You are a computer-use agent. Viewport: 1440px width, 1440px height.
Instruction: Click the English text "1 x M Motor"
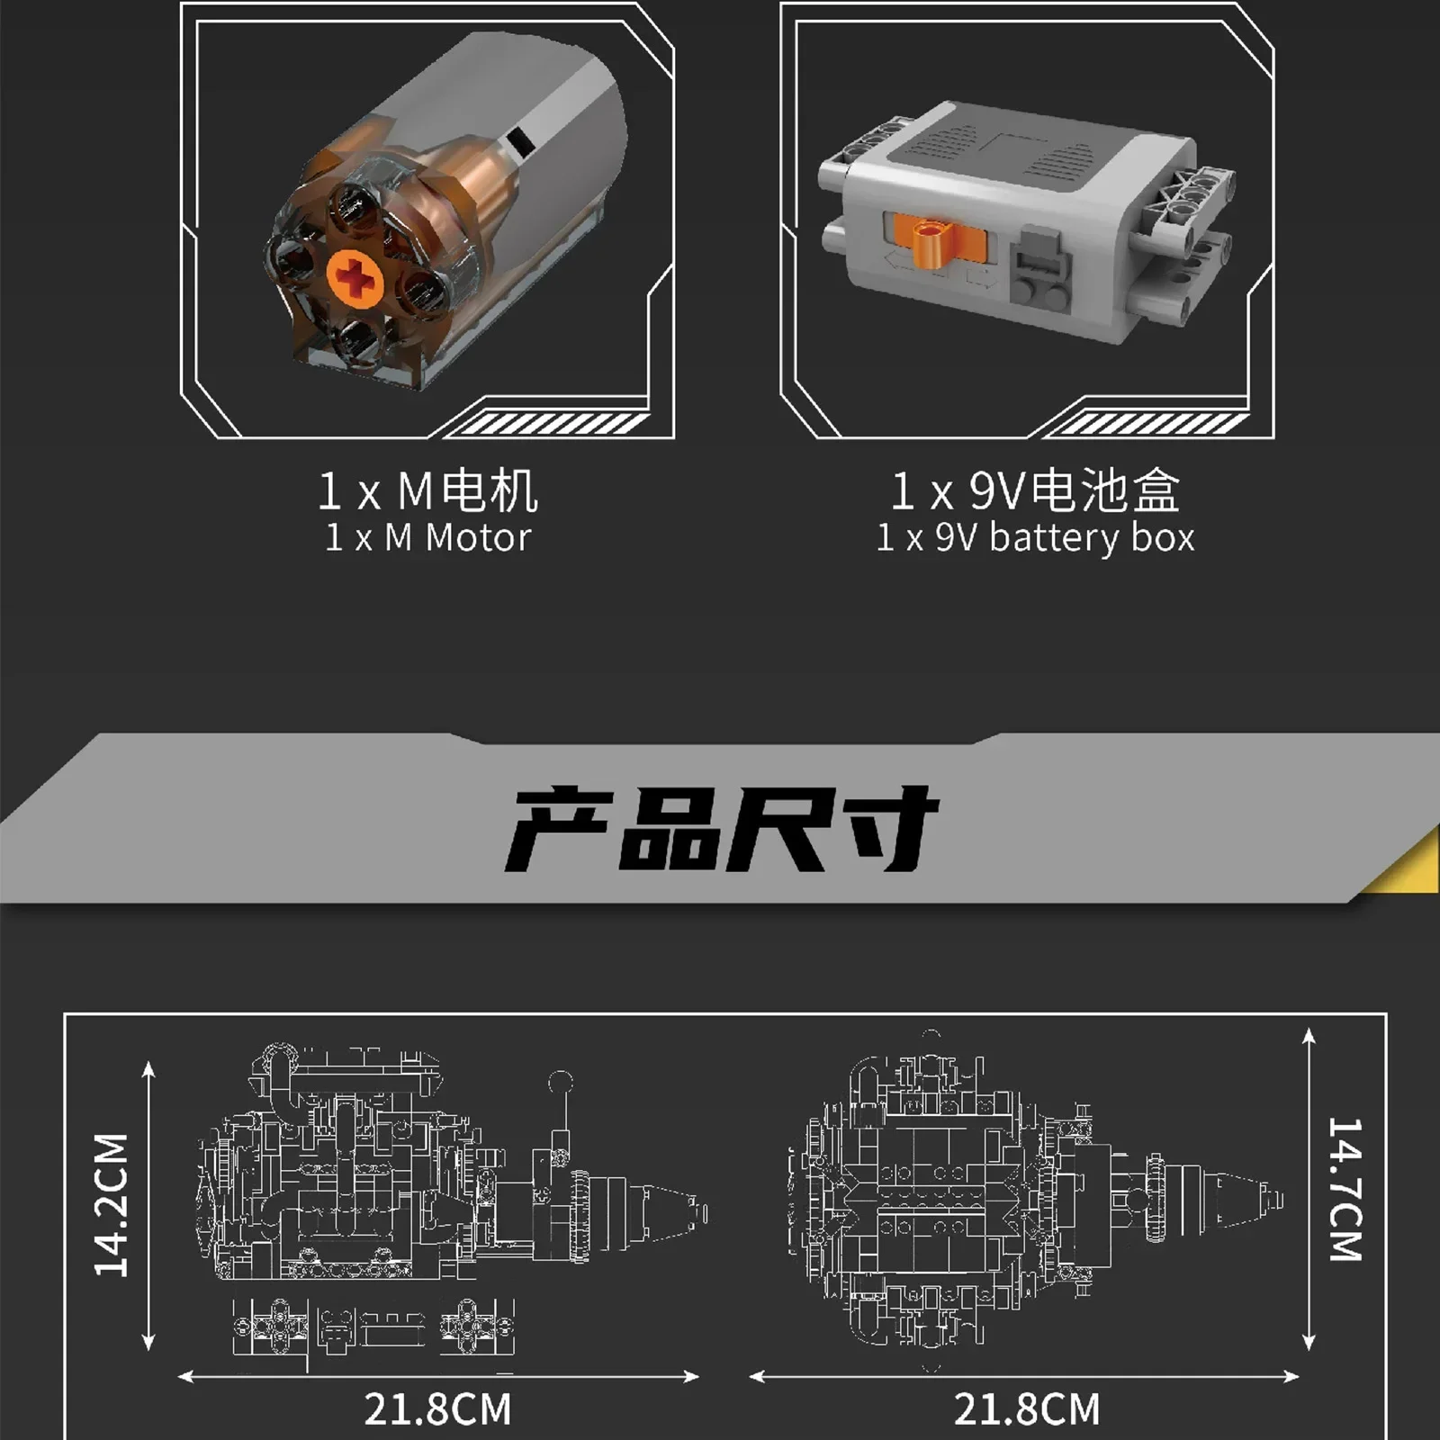[428, 538]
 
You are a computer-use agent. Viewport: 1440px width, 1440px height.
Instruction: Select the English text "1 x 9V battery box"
[1036, 538]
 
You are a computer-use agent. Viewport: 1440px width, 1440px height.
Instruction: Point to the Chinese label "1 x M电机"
[428, 490]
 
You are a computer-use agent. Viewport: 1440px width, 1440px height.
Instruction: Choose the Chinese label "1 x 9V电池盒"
[1036, 490]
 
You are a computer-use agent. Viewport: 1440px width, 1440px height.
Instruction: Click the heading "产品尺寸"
[722, 829]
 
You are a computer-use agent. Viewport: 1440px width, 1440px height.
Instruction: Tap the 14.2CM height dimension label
[112, 1205]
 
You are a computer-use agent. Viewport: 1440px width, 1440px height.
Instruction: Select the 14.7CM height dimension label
[1345, 1189]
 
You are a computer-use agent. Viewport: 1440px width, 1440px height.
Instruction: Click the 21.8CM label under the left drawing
[438, 1409]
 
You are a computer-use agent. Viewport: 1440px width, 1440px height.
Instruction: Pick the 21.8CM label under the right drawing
[1027, 1409]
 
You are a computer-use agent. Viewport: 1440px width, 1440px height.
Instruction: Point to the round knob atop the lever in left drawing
[561, 1082]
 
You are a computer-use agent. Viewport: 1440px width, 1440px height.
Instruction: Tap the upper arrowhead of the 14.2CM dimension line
[148, 1070]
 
